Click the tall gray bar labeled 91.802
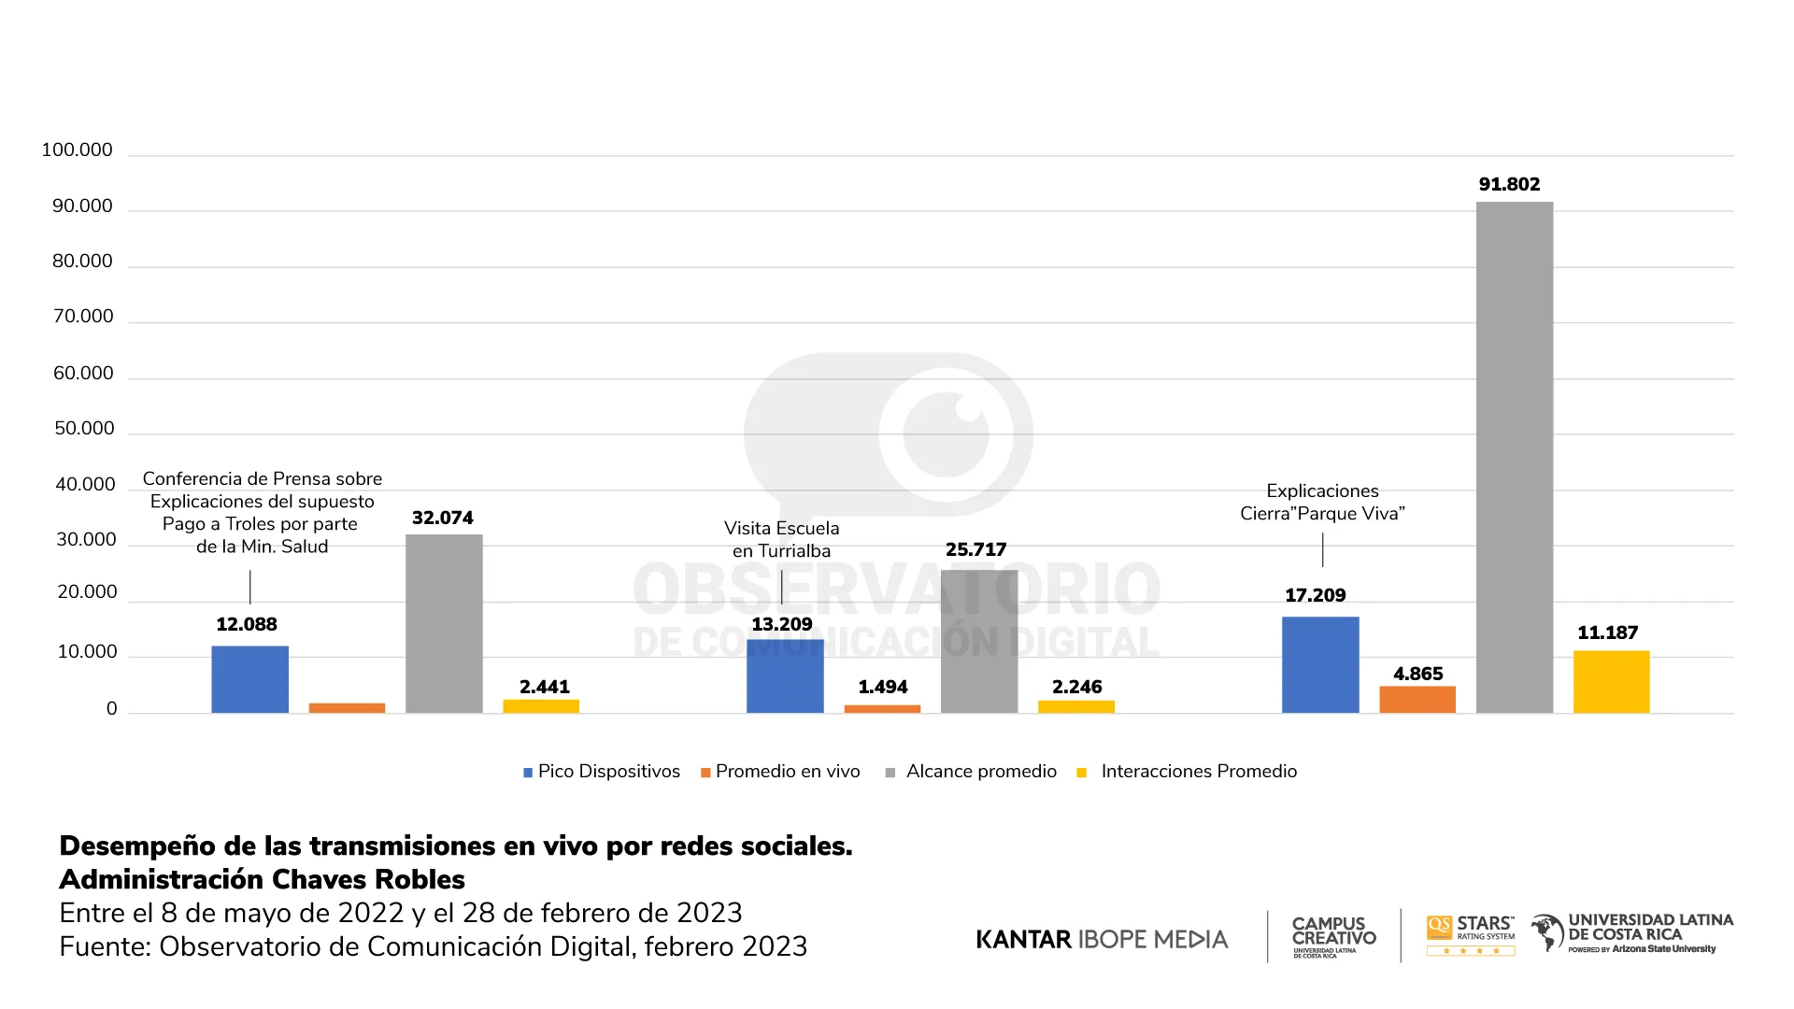coord(1514,458)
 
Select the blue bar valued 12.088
coord(249,679)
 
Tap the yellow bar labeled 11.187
coord(1611,682)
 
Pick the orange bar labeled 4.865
coord(1417,700)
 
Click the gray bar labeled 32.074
coord(444,623)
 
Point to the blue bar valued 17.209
coord(1319,664)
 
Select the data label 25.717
coord(975,549)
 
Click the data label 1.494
coord(882,687)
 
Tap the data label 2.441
coord(544,687)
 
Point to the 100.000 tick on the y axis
coord(77,150)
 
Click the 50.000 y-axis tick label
coord(84,429)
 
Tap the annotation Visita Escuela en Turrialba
coord(781,540)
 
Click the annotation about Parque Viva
coord(1321,503)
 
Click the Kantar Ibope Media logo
coord(1102,939)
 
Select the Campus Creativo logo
coord(1333,935)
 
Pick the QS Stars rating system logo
coord(1470,934)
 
